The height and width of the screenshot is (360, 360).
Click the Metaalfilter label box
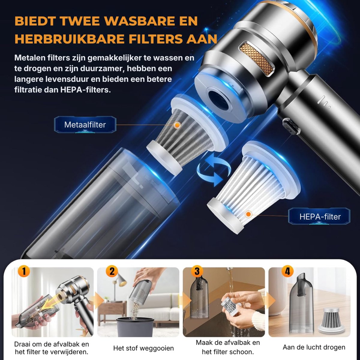[85, 124]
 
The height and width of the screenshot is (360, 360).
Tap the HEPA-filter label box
[319, 216]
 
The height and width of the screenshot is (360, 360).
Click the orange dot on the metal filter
[177, 125]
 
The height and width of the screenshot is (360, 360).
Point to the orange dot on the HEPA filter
[248, 214]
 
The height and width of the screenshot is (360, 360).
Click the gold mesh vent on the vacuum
[256, 58]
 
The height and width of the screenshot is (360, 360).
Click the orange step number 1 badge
[24, 271]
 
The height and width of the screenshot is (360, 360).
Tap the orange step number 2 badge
[112, 271]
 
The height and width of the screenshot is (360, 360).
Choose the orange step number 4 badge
[287, 271]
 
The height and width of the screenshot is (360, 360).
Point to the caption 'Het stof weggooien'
[143, 348]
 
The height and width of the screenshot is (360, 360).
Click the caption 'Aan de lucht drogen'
[314, 347]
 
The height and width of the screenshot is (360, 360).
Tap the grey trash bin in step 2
[135, 327]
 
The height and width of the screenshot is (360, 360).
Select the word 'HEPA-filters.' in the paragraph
[85, 90]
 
